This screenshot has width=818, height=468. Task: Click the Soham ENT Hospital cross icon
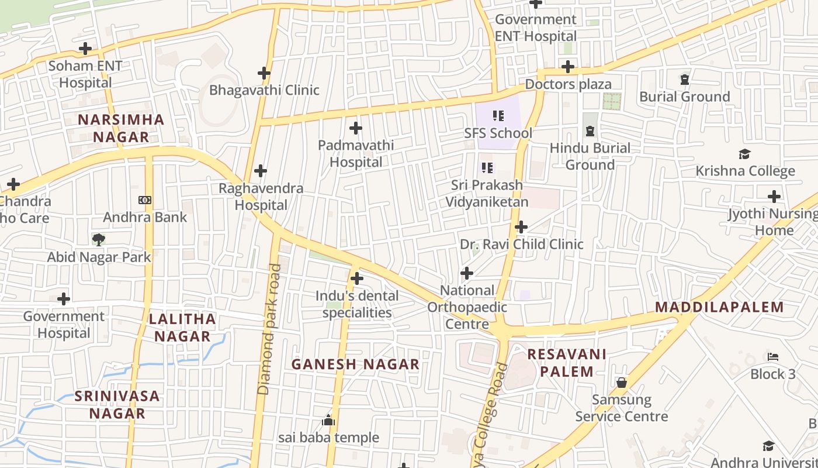pos(85,49)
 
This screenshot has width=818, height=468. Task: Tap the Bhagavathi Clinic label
pos(264,90)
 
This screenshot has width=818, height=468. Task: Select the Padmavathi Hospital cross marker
pos(355,128)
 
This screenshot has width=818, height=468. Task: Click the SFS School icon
pos(498,116)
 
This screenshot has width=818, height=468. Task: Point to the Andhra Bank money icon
pos(145,200)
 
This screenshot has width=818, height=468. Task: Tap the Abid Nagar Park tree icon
pos(99,239)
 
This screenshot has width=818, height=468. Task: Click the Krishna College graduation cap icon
pos(744,154)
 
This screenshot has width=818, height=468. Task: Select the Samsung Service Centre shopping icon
pos(622,383)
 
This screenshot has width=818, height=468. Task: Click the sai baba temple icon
pos(328,421)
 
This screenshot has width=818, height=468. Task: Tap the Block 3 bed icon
pos(773,357)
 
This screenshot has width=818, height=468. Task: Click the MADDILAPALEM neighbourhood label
pos(719,307)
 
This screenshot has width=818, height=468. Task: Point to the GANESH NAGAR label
pos(355,364)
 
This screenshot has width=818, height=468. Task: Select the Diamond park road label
pos(269,329)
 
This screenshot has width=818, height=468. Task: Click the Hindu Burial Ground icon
pos(590,131)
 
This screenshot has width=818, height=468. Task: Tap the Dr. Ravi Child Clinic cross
pos(521,227)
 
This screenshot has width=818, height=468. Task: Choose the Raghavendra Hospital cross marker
pos(261,171)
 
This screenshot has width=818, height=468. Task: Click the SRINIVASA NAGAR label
pos(117,404)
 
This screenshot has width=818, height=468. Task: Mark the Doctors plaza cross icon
pos(568,67)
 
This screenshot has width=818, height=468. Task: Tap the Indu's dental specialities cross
pos(356,279)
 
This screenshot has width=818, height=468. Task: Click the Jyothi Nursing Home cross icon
pos(774,197)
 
